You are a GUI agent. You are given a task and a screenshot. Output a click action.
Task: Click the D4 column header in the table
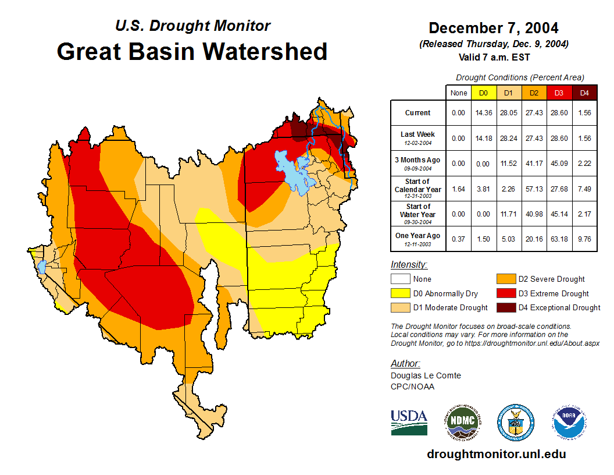pyautogui.click(x=584, y=93)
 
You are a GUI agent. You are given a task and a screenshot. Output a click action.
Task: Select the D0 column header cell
pyautogui.click(x=483, y=93)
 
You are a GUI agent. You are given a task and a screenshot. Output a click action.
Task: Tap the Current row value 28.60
pyautogui.click(x=559, y=113)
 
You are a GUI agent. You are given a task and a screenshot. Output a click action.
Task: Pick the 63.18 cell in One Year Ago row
pyautogui.click(x=559, y=236)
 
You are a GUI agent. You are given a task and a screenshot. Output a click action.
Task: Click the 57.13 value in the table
pyautogui.click(x=534, y=189)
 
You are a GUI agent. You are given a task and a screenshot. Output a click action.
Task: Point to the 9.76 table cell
pyautogui.click(x=584, y=236)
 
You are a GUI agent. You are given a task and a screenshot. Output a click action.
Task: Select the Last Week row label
pyautogui.click(x=418, y=137)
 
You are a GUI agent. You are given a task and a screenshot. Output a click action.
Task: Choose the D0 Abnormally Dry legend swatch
pyautogui.click(x=399, y=293)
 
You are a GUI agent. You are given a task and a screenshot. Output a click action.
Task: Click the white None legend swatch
pyautogui.click(x=399, y=279)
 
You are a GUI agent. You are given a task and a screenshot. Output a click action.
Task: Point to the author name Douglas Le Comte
pyautogui.click(x=426, y=375)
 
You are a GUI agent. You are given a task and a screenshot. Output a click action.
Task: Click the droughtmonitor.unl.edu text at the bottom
pyautogui.click(x=496, y=454)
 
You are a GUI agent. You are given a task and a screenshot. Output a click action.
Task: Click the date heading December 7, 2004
pyautogui.click(x=493, y=28)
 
